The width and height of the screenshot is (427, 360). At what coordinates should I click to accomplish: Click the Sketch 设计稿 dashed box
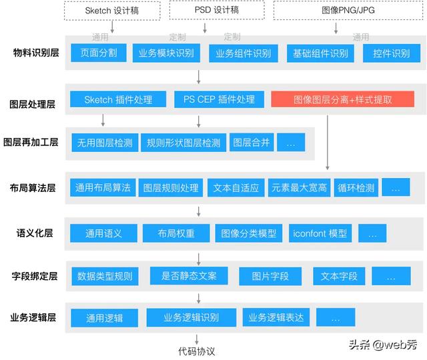tap(113, 11)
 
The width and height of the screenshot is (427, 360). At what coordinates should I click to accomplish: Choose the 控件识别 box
tap(387, 53)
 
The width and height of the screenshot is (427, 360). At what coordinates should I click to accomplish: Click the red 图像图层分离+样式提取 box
tap(342, 99)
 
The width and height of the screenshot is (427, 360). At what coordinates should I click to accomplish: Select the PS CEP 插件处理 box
tap(214, 99)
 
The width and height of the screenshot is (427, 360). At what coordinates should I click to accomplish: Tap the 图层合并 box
tap(250, 143)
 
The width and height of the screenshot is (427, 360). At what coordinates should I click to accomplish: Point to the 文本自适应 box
tap(236, 188)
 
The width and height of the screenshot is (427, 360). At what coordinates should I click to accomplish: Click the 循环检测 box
tap(356, 188)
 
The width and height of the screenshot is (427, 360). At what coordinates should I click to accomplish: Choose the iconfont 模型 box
tap(320, 233)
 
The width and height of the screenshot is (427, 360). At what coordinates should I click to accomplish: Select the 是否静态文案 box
tap(189, 275)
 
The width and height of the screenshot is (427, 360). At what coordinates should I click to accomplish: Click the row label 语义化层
tap(34, 234)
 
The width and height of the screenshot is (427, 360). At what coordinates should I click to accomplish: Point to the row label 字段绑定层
tap(34, 275)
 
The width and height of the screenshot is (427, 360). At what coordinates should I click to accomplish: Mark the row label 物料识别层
tap(34, 53)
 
